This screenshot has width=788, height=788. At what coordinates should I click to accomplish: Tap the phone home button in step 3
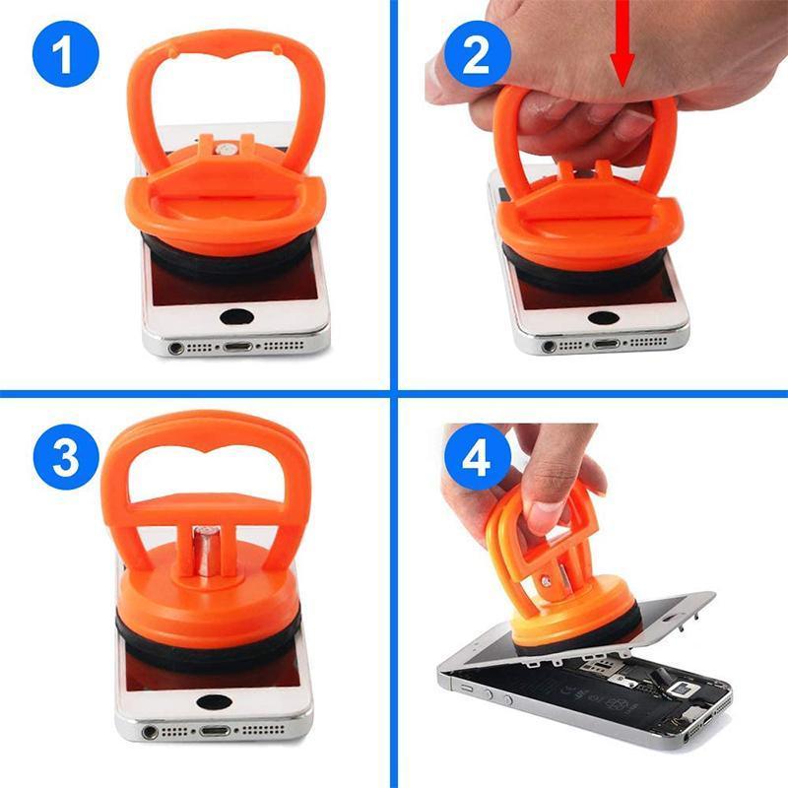click(212, 703)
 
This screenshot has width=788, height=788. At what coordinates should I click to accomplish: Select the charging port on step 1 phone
click(237, 347)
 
